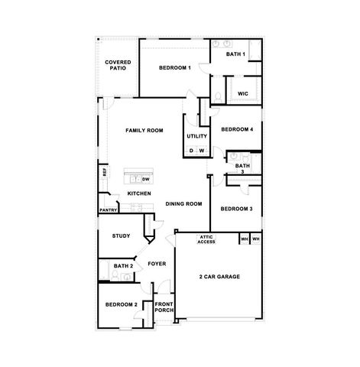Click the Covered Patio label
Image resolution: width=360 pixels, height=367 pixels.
(118, 66)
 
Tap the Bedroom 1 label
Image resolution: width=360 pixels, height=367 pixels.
(175, 69)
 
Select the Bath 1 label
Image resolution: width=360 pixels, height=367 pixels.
(235, 54)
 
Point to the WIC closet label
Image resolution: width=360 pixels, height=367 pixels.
(243, 93)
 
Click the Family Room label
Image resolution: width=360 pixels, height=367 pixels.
(145, 131)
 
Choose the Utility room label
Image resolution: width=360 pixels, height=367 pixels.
(197, 136)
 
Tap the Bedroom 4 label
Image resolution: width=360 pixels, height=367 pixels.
(237, 129)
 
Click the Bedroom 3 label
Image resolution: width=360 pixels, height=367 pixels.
(236, 209)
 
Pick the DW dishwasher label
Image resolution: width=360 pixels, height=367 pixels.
(145, 179)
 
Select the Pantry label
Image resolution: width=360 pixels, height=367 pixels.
(107, 209)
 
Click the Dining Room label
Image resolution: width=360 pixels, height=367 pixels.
(183, 203)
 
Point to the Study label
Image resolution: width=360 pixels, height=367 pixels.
(121, 236)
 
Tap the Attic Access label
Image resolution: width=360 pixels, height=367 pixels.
(206, 239)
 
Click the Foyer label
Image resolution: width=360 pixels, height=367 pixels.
(157, 264)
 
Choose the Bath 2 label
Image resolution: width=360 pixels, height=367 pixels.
(124, 266)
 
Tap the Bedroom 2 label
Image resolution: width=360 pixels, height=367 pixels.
(121, 304)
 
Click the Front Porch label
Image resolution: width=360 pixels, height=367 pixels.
(164, 307)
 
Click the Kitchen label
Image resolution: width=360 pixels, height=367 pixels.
(139, 193)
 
